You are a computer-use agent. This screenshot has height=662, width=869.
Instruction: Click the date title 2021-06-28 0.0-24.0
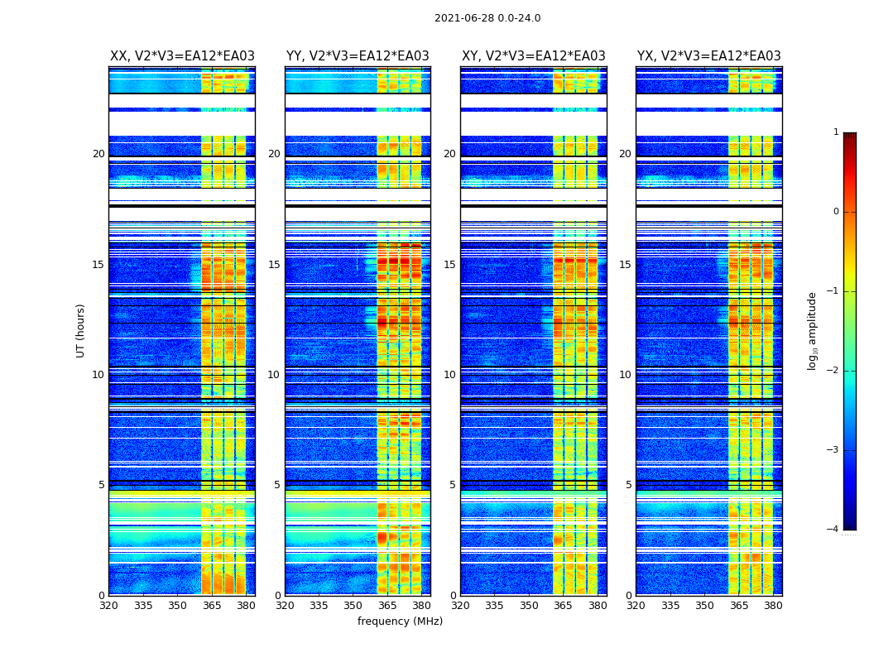tap(487, 18)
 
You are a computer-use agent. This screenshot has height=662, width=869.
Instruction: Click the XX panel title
tap(182, 56)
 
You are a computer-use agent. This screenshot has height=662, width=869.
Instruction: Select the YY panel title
tap(358, 56)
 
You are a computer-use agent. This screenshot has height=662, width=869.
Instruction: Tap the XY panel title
tap(534, 56)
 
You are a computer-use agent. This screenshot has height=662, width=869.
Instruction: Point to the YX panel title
tap(709, 56)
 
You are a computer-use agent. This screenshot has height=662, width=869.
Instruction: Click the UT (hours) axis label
tap(80, 330)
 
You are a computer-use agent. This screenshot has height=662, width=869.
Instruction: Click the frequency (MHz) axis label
tap(400, 621)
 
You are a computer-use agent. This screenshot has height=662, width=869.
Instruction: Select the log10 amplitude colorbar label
tap(813, 330)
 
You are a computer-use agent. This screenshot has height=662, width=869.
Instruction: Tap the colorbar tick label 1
tap(835, 132)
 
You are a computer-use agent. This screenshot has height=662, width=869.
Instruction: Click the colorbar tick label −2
tap(833, 371)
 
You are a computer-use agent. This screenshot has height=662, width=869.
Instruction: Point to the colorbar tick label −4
tap(833, 530)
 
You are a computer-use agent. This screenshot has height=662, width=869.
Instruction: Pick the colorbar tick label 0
tap(835, 212)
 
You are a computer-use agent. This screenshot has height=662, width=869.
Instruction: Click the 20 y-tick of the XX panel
tap(98, 154)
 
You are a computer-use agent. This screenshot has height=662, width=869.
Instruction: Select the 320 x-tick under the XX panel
tap(108, 606)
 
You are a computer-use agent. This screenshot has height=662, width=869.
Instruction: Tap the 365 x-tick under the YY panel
tap(387, 606)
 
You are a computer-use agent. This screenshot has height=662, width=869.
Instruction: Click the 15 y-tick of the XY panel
tap(449, 265)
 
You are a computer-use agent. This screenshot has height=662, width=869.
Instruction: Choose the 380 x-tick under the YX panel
tap(773, 606)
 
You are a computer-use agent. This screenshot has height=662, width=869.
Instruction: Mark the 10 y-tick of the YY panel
tap(274, 375)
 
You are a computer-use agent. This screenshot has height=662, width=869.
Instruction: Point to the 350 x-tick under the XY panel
tap(529, 606)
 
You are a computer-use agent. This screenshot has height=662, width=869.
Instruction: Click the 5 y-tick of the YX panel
tap(628, 485)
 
